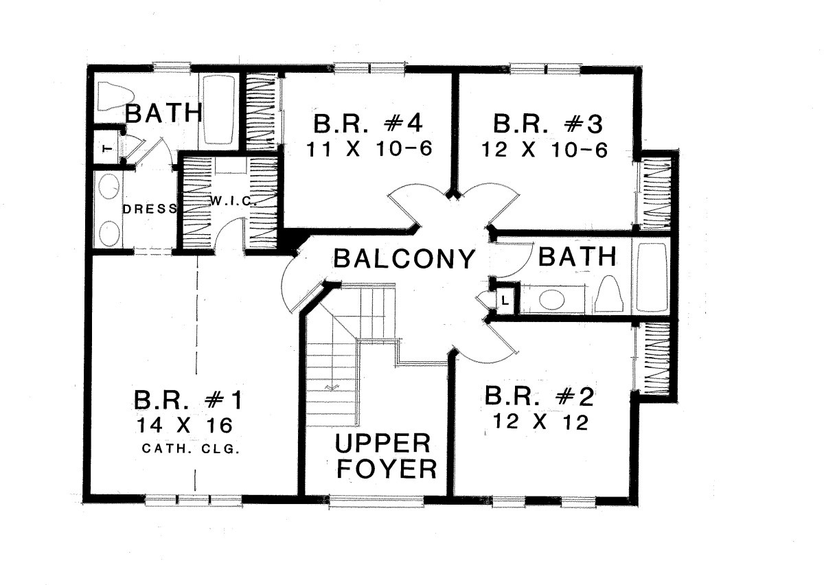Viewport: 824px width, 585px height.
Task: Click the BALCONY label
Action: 404,258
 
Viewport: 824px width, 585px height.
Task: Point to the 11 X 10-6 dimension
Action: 369,150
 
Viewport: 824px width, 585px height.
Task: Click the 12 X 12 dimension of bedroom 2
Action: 541,422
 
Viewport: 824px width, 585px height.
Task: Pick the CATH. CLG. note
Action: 191,449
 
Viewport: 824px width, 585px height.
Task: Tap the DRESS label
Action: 150,209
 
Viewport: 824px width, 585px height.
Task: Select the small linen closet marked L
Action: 505,301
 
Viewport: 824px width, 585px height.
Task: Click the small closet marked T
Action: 106,150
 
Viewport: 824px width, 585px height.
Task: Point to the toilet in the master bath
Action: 115,96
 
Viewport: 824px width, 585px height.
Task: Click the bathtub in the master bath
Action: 219,110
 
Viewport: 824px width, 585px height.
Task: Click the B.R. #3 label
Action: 548,124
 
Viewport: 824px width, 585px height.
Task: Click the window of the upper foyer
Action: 376,501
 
